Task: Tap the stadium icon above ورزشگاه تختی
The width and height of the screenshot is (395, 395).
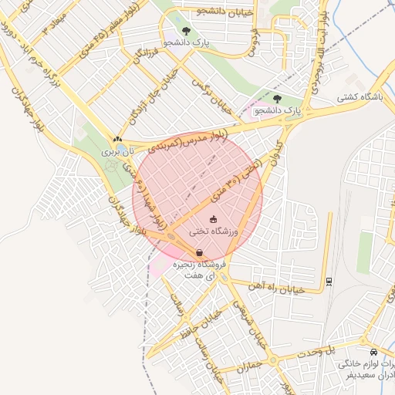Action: [x=214, y=220]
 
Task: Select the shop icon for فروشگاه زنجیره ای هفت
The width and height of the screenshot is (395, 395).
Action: [x=200, y=252]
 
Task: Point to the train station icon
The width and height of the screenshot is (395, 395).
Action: [x=329, y=280]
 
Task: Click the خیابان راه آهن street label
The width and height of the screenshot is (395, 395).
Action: [x=275, y=287]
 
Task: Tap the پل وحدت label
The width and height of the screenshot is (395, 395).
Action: [x=342, y=349]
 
